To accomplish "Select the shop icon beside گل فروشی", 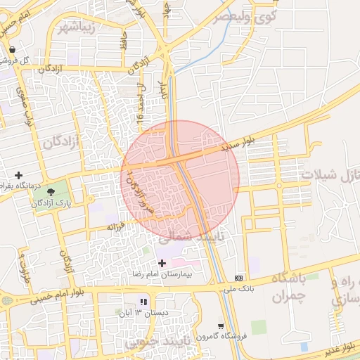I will tap(13, 49).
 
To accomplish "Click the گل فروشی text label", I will tap(34, 60).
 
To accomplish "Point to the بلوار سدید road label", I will tap(236, 146).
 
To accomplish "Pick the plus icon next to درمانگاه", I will tap(18, 174).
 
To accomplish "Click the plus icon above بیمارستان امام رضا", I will tap(162, 263).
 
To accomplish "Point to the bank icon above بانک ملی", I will tap(239, 278).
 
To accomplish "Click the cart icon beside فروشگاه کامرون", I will tap(221, 326).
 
